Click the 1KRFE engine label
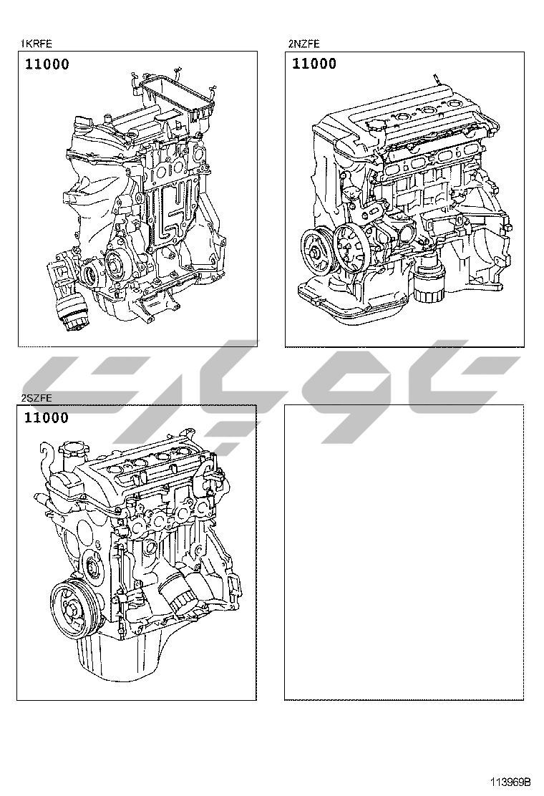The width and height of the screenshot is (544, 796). point(36,44)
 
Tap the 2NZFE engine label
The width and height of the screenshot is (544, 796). point(304,44)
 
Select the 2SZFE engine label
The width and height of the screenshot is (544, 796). point(36,398)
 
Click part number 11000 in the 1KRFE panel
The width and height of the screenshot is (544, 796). point(47,64)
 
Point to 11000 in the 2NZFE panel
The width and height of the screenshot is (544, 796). point(314,64)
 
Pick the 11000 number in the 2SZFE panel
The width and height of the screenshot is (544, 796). point(47,418)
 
